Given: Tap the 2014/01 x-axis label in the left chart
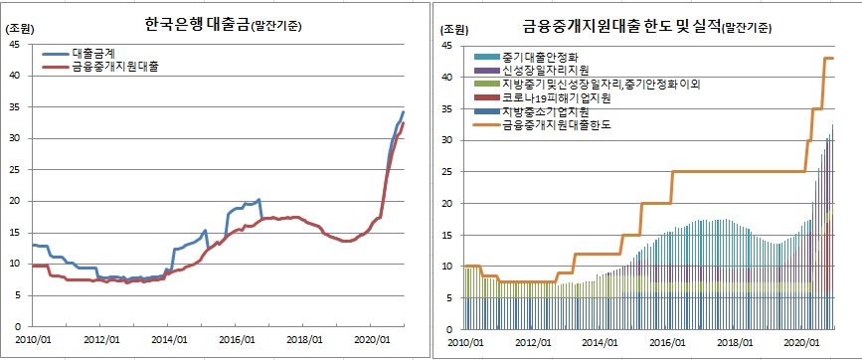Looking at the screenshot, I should click(167, 339).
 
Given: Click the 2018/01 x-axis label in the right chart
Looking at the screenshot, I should click(734, 340).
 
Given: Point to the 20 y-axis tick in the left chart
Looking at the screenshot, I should click(14, 201).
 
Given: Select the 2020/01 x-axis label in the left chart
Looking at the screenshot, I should click(369, 339).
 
